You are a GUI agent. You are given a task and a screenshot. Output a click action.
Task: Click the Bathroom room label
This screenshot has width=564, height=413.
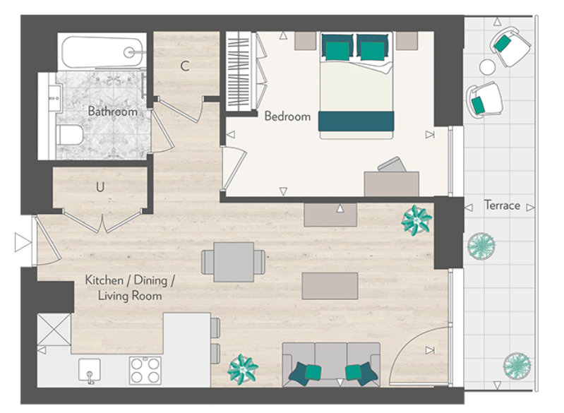pos(112,112)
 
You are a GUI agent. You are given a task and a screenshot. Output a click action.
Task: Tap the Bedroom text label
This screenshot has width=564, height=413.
pos(287,116)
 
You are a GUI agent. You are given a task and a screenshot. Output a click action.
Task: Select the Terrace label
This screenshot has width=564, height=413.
pos(502,205)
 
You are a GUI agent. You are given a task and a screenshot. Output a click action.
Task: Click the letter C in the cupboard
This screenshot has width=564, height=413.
pos(184,67)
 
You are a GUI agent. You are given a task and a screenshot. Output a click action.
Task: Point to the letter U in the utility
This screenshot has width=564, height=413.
pos(101,187)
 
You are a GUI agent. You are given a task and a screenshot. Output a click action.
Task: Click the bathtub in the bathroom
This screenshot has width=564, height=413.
pos(103,52)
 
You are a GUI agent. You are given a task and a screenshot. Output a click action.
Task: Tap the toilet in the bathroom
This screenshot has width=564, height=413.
pos(71,134)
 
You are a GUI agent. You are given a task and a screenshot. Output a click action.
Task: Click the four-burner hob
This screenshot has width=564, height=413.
pos(145,369)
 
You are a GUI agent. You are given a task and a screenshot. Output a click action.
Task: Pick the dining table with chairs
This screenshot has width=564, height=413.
pos(234,262)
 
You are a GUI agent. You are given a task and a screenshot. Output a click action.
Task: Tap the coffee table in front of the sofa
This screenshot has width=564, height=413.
pos(330,285)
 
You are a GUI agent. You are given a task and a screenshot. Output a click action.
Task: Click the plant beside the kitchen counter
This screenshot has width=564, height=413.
pos(242,369)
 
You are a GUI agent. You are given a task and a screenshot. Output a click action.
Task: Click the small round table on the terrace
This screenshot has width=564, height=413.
pos(487,67)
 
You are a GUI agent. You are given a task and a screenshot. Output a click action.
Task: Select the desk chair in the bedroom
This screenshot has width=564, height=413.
pos(390,166)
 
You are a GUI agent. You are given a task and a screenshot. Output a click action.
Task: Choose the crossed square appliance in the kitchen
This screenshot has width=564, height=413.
pos(54,330)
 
